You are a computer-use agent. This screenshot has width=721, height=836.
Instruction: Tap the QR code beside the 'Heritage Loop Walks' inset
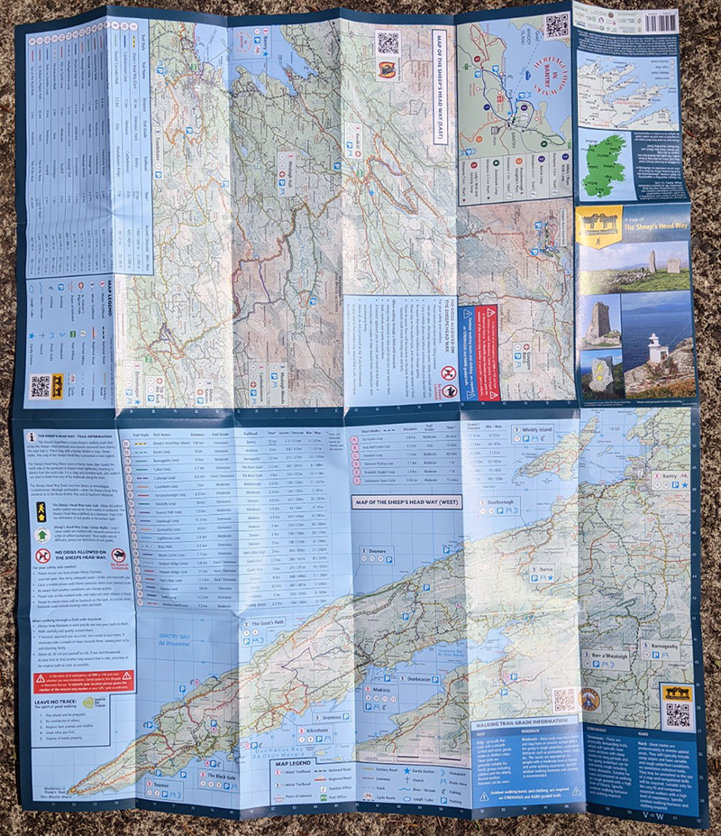click(556, 25)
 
